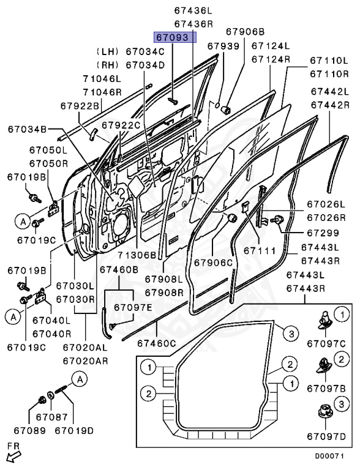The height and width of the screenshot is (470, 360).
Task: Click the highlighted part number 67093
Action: (172, 37)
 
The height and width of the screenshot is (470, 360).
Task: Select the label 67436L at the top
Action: (193, 11)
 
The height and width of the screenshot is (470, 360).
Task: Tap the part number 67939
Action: (223, 46)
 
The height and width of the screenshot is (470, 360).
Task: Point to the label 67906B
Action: (246, 31)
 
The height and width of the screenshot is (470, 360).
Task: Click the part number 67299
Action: (323, 233)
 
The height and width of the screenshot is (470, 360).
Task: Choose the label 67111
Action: (260, 250)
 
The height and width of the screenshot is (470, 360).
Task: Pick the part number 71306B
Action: (137, 255)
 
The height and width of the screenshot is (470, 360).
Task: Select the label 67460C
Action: (157, 343)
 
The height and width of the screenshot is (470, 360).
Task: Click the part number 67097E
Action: (133, 308)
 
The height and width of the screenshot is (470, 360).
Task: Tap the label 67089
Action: (30, 431)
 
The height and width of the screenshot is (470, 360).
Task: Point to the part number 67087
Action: (52, 417)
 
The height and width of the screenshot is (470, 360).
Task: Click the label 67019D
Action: (74, 431)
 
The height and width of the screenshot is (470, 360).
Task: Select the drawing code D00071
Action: (329, 456)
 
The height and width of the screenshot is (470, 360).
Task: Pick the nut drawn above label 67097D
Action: (326, 412)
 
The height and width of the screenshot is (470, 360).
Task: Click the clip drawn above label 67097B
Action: (324, 367)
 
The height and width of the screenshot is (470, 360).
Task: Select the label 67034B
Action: (28, 129)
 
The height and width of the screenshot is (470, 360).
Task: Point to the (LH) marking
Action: (107, 51)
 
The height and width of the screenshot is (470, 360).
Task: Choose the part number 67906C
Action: (214, 263)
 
